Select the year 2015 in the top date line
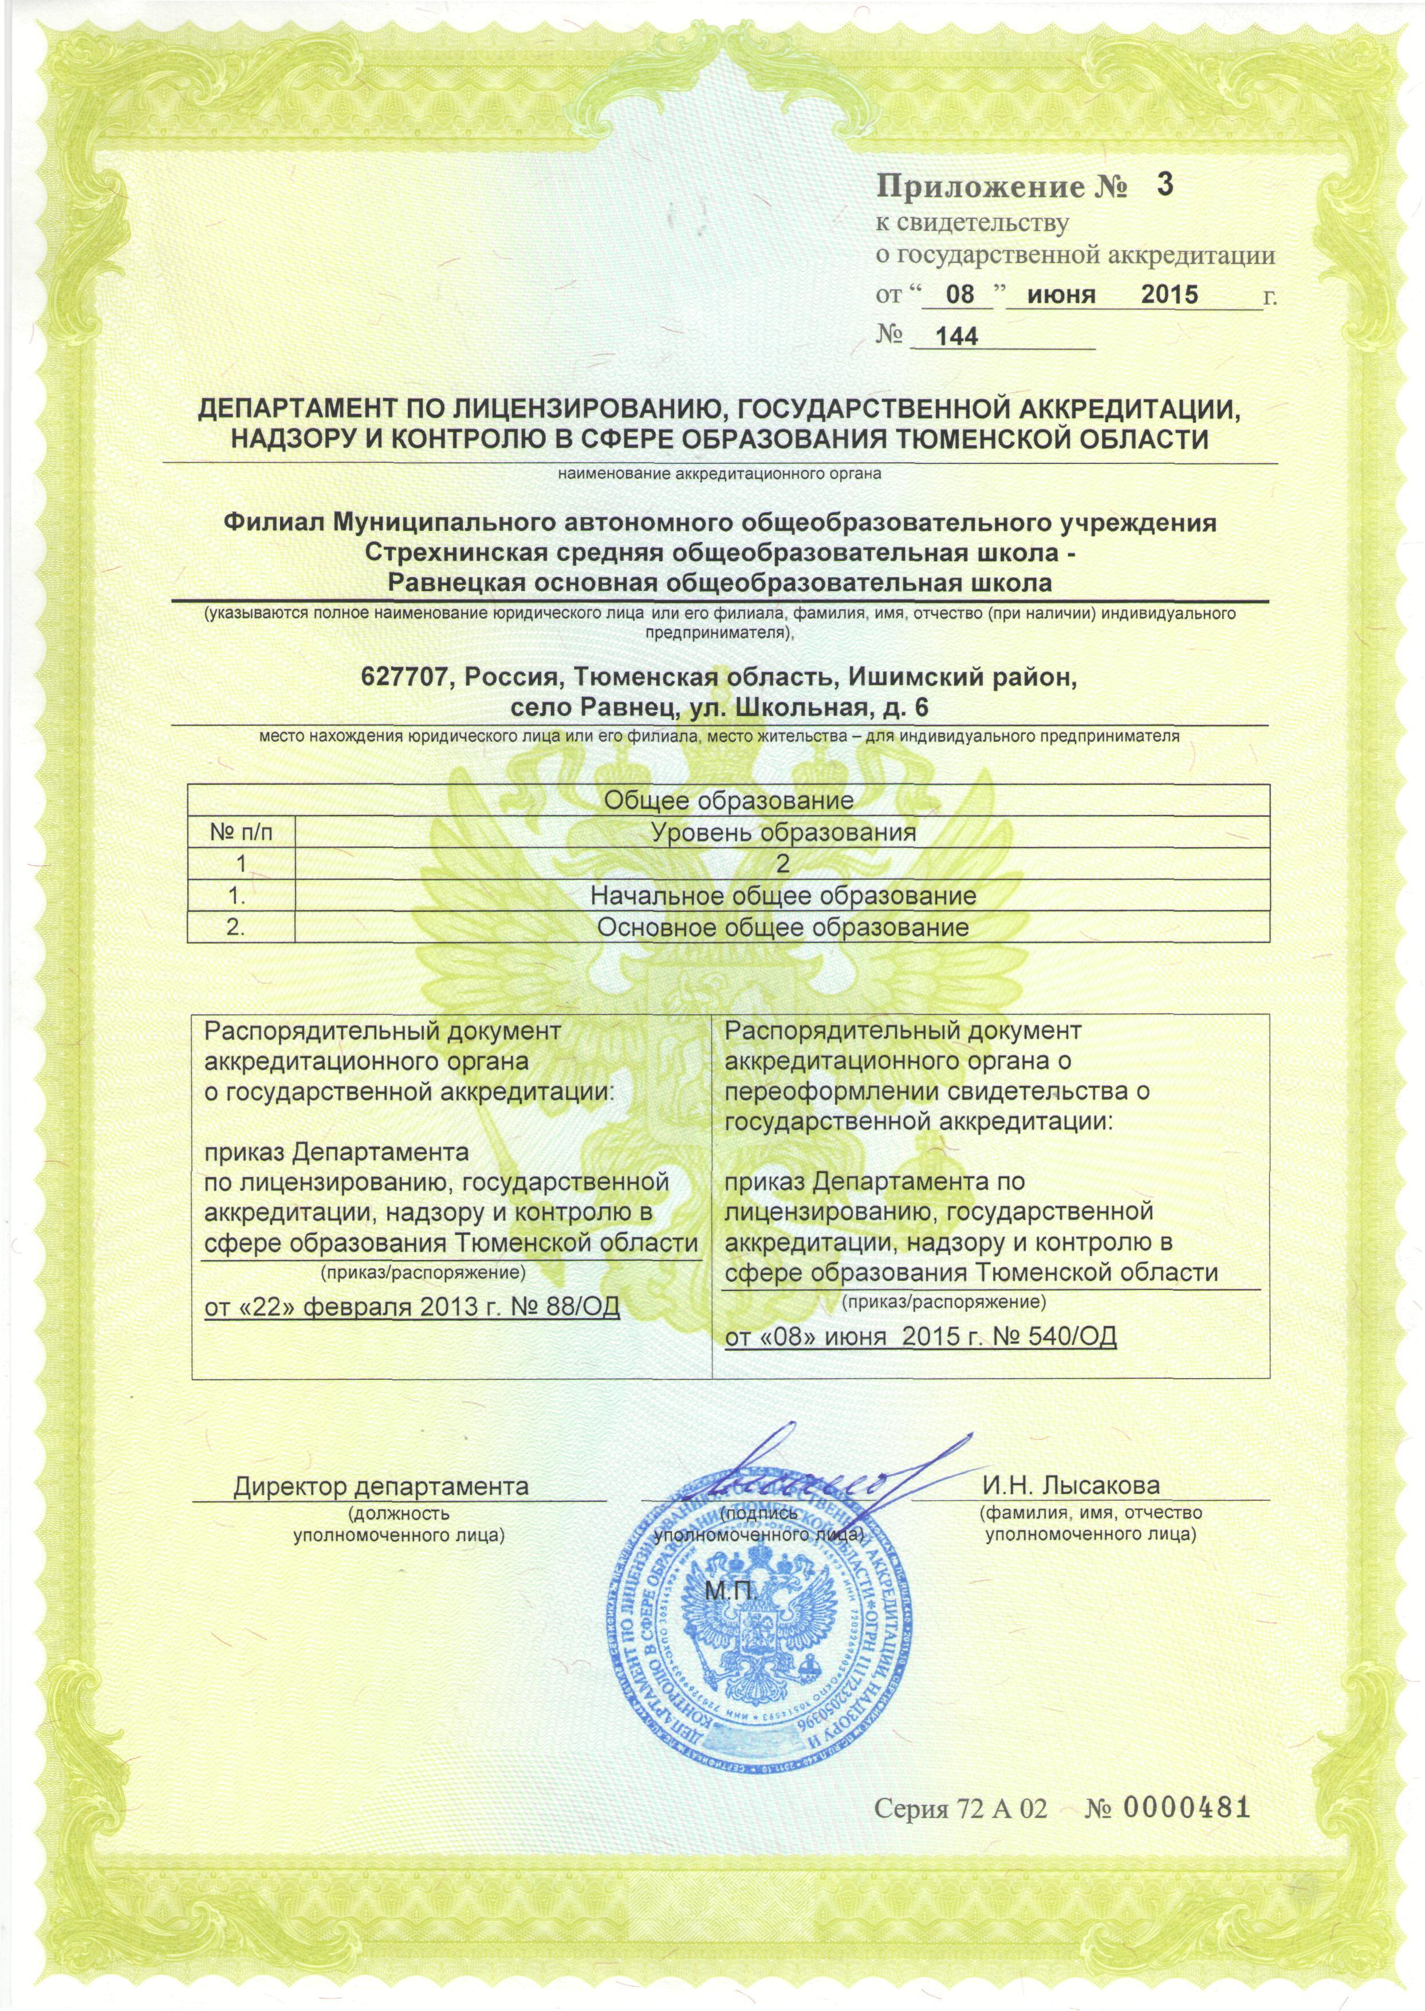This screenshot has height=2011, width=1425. click(x=1169, y=294)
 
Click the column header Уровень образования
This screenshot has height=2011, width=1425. click(x=783, y=832)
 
